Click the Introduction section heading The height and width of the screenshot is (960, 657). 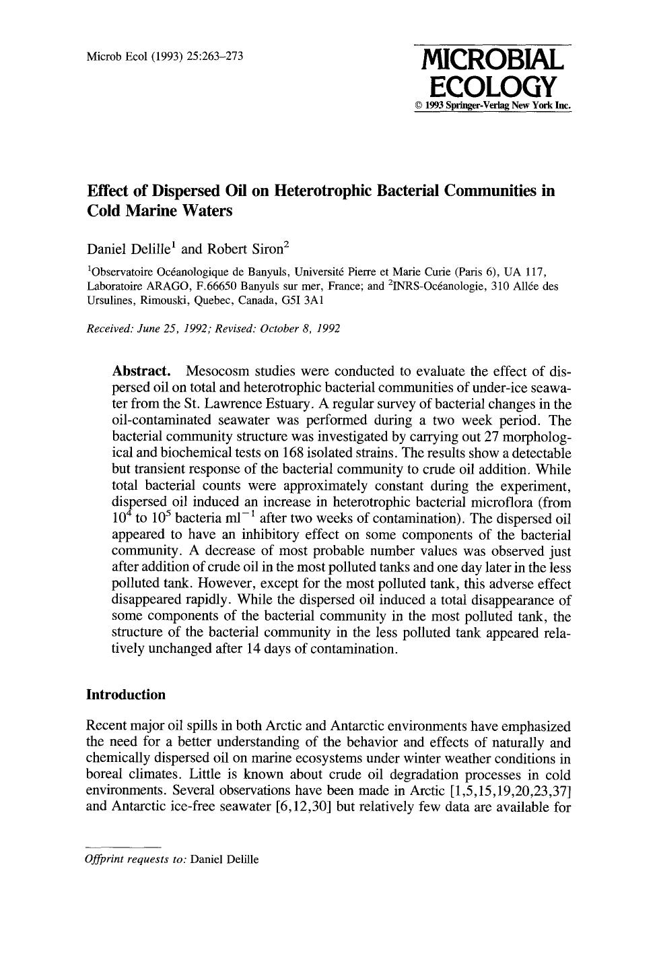tap(126, 695)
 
